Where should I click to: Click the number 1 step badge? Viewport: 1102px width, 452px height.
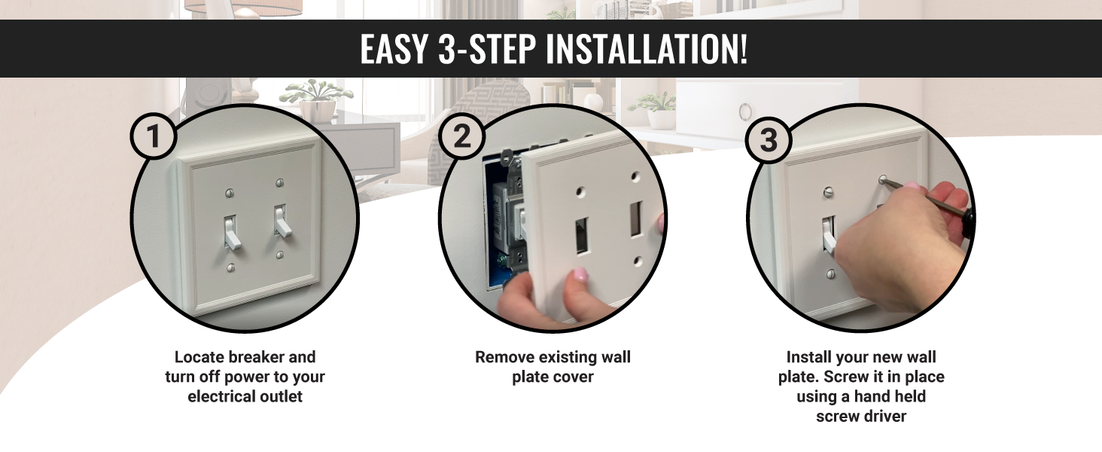(154, 136)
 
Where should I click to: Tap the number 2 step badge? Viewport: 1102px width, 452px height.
(461, 136)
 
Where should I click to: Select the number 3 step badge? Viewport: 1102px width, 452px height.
(769, 140)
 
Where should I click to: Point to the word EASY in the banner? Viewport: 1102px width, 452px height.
(394, 49)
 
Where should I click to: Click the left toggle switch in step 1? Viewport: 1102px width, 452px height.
(231, 232)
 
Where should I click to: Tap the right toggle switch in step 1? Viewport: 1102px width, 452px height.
(282, 221)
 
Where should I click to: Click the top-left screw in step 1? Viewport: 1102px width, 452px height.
(229, 193)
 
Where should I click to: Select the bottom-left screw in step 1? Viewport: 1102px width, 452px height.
(230, 268)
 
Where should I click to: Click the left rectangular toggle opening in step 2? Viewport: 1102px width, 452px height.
(583, 236)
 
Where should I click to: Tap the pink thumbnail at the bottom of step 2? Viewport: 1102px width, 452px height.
(580, 275)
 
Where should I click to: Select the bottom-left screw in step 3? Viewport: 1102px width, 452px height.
(831, 273)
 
